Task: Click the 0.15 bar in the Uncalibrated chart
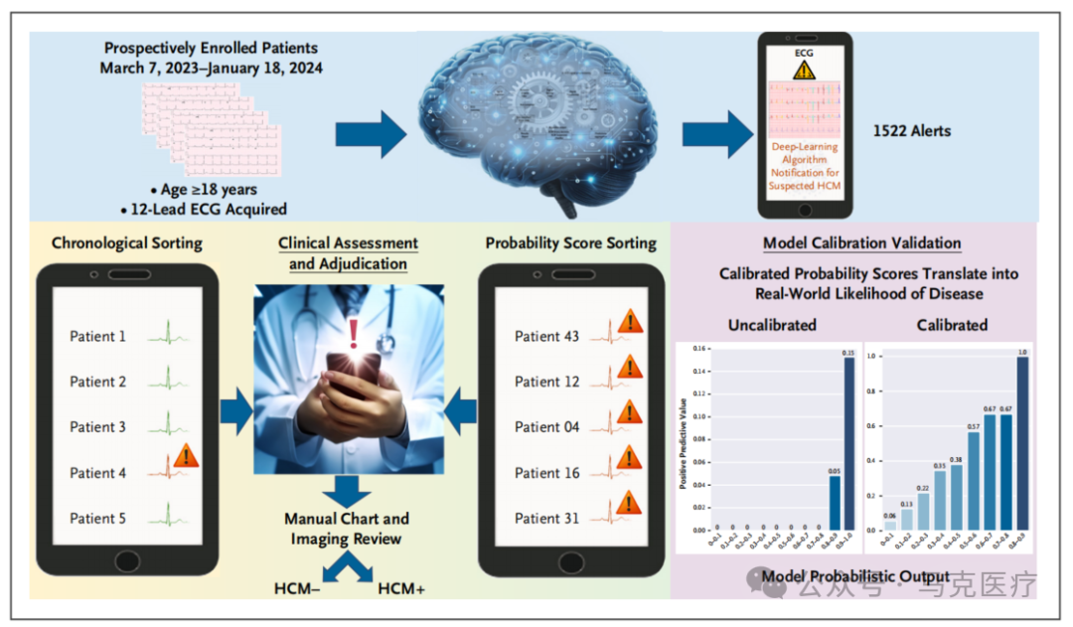coord(849,443)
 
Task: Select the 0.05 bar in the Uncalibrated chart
coord(835,503)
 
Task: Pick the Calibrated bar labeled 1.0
coord(1023,443)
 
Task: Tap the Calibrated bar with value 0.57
coord(974,481)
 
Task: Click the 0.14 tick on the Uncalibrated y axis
coord(699,372)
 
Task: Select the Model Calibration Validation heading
coord(861,243)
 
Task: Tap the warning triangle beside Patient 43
coord(629,321)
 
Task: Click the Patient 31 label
coord(546,518)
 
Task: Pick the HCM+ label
coord(401,589)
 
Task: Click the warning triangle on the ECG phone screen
coord(804,70)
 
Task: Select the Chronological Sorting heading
coord(126,242)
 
